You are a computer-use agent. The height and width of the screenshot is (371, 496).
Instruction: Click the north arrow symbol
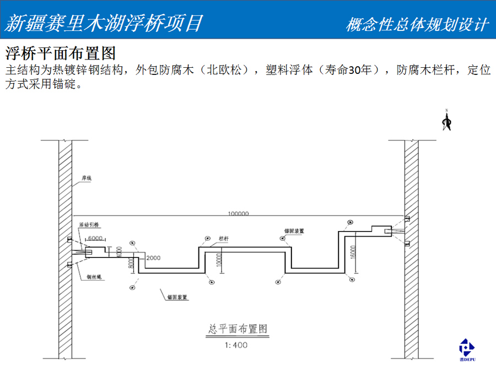(x=447, y=121)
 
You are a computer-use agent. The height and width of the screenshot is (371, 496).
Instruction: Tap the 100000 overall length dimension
(x=238, y=213)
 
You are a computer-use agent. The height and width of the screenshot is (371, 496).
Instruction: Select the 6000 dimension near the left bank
(x=95, y=238)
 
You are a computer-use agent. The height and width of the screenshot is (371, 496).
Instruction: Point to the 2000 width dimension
(x=154, y=258)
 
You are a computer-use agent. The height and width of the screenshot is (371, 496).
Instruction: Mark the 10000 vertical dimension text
(x=219, y=260)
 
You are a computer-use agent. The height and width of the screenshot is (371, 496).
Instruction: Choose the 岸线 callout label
(x=86, y=179)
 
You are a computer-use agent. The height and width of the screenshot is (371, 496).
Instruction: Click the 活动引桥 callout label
(x=89, y=225)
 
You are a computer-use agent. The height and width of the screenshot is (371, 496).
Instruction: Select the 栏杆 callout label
(x=224, y=238)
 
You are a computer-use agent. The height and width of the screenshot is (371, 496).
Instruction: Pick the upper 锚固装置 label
(x=294, y=231)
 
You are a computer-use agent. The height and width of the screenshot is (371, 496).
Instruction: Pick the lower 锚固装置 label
(x=177, y=297)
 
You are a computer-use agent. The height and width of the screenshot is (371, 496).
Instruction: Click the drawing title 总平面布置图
(x=238, y=329)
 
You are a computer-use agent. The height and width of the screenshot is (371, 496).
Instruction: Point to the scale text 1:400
(x=236, y=346)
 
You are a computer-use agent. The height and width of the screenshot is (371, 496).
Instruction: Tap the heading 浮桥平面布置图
(x=60, y=53)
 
